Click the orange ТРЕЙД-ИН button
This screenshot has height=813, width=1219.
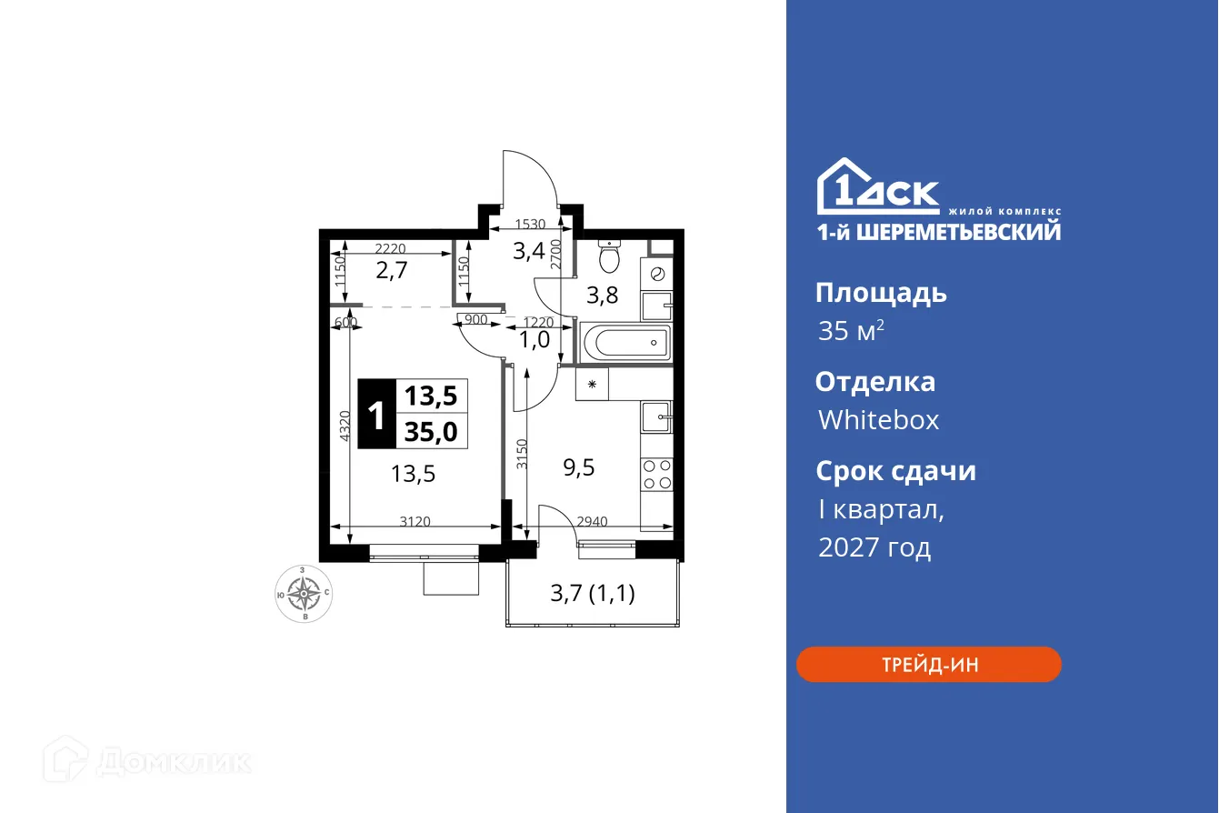[928, 664]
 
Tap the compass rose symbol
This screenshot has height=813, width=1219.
[303, 595]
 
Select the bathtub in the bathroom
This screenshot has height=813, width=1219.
[625, 344]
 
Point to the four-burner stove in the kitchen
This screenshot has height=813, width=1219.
[657, 473]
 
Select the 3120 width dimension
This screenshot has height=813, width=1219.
[415, 522]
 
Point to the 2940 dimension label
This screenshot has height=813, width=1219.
[593, 522]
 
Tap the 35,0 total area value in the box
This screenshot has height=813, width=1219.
[431, 431]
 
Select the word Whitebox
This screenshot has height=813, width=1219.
[878, 420]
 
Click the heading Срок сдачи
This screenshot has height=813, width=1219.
[895, 471]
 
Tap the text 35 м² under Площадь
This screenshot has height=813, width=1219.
[851, 331]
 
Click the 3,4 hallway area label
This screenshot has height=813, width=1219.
[528, 251]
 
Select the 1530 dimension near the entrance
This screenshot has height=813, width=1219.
[530, 224]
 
